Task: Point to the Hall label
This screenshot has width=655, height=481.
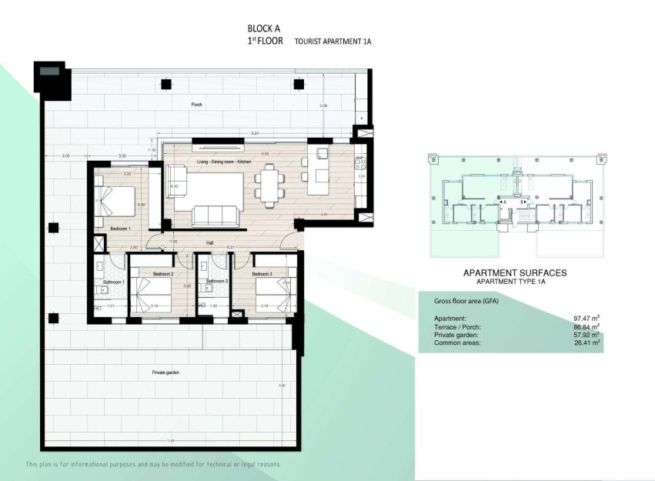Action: coord(209,242)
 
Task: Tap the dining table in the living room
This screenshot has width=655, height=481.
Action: coord(267,188)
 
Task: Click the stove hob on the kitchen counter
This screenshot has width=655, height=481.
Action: coord(359,162)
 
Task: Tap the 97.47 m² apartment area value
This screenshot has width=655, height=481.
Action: coord(586,318)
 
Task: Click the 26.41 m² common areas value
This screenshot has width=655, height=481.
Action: coord(586,342)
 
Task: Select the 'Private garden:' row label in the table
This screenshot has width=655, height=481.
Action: coord(456,335)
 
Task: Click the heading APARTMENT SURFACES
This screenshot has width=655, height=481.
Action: coord(514,272)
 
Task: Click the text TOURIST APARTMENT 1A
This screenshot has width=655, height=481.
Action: coord(333,42)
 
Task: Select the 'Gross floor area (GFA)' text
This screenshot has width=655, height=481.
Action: coord(466,301)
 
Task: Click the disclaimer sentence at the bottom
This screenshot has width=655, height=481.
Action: coord(153,465)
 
